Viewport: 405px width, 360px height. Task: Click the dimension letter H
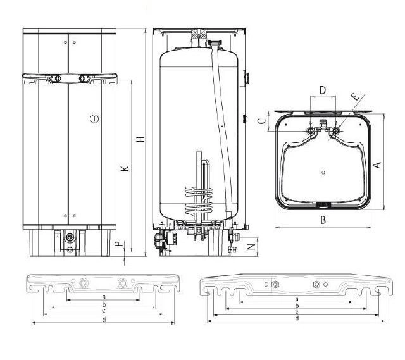point(140,139)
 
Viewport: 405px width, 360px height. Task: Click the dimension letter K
point(125,168)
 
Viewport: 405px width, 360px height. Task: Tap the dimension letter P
point(118,244)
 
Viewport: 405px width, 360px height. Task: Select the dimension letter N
point(251,247)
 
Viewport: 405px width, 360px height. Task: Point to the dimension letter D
point(323,90)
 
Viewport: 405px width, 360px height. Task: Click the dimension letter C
point(262,121)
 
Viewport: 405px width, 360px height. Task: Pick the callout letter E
point(356,96)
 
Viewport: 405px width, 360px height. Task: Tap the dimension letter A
point(378,164)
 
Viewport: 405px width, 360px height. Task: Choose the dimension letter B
point(323,220)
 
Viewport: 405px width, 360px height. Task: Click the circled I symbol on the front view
point(94,119)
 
